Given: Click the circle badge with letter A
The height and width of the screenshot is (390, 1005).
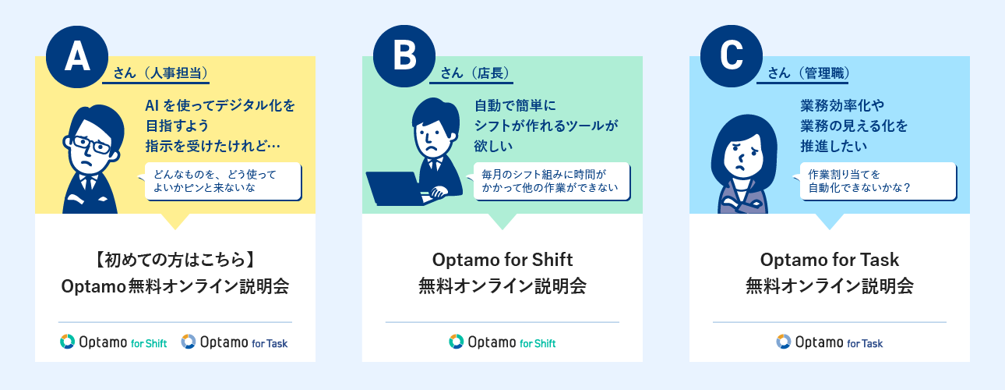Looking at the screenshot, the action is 77,57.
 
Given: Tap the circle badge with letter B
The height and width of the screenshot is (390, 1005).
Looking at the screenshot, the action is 404,56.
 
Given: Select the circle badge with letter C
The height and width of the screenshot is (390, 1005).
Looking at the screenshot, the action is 732,56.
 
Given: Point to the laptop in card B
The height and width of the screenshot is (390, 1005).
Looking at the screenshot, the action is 395,189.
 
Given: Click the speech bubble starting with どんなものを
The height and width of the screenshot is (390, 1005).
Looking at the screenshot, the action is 223,181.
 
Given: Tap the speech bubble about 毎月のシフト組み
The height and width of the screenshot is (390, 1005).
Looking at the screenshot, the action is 552,181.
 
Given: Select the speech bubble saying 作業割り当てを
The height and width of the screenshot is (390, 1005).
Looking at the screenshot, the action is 878,181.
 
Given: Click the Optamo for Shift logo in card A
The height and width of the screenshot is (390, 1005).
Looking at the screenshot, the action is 114,342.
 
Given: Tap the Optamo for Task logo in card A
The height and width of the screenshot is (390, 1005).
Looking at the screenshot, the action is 235,342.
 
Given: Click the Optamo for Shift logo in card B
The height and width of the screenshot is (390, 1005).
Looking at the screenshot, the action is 502,342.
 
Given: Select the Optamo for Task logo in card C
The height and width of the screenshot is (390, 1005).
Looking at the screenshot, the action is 830,342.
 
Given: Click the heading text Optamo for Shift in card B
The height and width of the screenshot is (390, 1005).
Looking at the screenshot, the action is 503,260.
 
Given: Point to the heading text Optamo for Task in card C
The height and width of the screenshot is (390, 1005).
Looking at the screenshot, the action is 830,260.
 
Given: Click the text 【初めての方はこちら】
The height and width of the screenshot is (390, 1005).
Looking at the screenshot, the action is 175,260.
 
